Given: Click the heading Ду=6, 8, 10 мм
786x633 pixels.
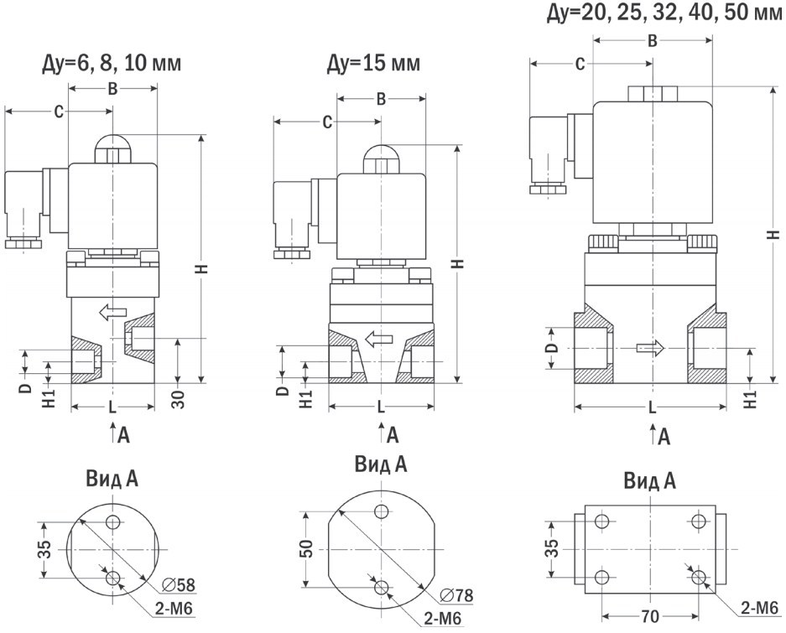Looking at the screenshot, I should coord(112,64).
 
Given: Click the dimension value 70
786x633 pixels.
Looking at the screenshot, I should coord(648,617).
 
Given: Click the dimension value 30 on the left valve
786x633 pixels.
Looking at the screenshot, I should coord(178,397).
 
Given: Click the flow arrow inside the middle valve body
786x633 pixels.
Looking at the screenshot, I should coord(380,339).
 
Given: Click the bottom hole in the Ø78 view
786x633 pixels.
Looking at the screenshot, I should coord(382,586).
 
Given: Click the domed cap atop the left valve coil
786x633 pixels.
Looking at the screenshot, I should coord(112,151).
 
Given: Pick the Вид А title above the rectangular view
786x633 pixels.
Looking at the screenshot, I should coord(649,481).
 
